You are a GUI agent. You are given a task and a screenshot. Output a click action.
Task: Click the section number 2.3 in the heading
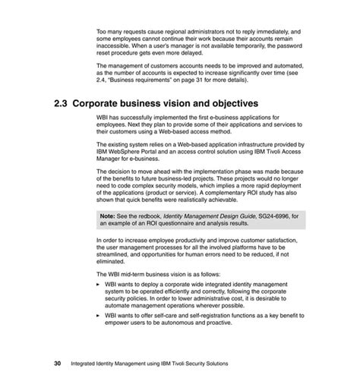pos(62,102)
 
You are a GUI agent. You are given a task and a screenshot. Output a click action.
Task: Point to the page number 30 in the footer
pos(57,363)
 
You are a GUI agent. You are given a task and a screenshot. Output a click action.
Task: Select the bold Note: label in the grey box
pos(108,216)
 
